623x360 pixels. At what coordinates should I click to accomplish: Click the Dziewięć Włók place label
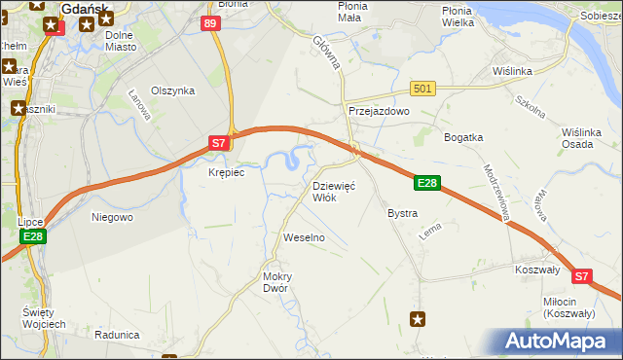pyautogui.click(x=338, y=191)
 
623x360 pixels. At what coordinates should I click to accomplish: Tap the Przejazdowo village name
pyautogui.click(x=380, y=112)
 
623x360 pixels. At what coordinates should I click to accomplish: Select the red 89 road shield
pyautogui.click(x=211, y=22)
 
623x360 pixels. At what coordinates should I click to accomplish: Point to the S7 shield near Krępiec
pyautogui.click(x=220, y=143)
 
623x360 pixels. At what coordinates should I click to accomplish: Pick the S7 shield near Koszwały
pyautogui.click(x=581, y=276)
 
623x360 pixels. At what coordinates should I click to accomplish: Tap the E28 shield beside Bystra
pyautogui.click(x=428, y=183)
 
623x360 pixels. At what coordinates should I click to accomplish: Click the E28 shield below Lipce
pyautogui.click(x=32, y=236)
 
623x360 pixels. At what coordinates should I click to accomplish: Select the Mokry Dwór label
pyautogui.click(x=277, y=282)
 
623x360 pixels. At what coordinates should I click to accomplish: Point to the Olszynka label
pyautogui.click(x=173, y=90)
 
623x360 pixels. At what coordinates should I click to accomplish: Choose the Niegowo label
pyautogui.click(x=112, y=217)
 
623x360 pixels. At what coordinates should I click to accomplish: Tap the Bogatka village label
pyautogui.click(x=463, y=137)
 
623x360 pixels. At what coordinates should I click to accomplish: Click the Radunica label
pyautogui.click(x=118, y=335)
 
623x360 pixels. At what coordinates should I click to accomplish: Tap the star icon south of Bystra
pyautogui.click(x=418, y=318)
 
